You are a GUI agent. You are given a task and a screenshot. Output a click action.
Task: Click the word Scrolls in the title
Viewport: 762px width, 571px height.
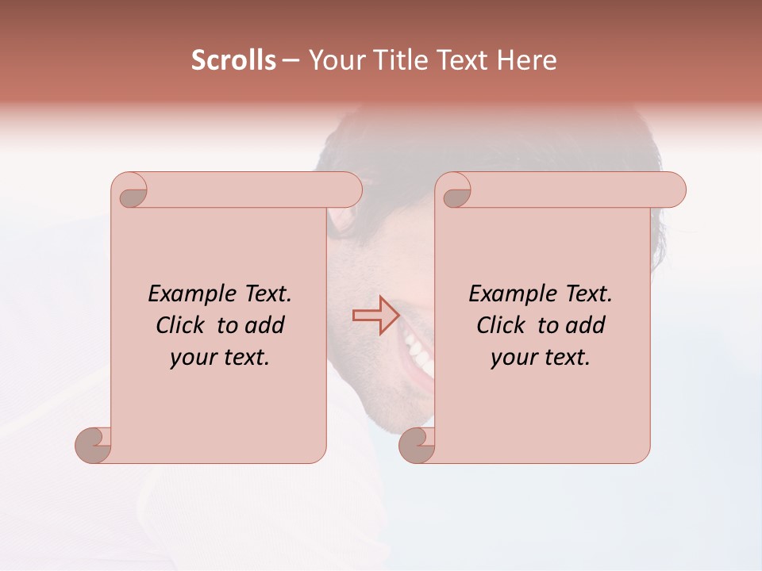[233, 60]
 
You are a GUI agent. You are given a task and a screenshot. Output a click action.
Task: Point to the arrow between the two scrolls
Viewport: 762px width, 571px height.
[375, 316]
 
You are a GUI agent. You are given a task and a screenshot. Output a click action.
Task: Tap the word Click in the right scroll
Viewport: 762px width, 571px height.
[501, 325]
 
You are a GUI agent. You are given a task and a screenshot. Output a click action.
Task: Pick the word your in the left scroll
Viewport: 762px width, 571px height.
[192, 358]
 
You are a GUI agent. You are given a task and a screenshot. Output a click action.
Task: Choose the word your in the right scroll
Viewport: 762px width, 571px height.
[513, 358]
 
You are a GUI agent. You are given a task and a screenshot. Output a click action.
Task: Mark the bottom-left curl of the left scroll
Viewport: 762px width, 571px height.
[94, 445]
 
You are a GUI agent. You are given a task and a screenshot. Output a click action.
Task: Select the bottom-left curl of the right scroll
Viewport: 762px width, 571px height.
[417, 445]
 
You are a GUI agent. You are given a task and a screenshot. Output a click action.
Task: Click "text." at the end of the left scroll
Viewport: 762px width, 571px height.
[243, 358]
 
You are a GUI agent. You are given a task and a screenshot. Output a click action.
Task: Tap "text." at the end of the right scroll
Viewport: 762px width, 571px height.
[564, 358]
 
